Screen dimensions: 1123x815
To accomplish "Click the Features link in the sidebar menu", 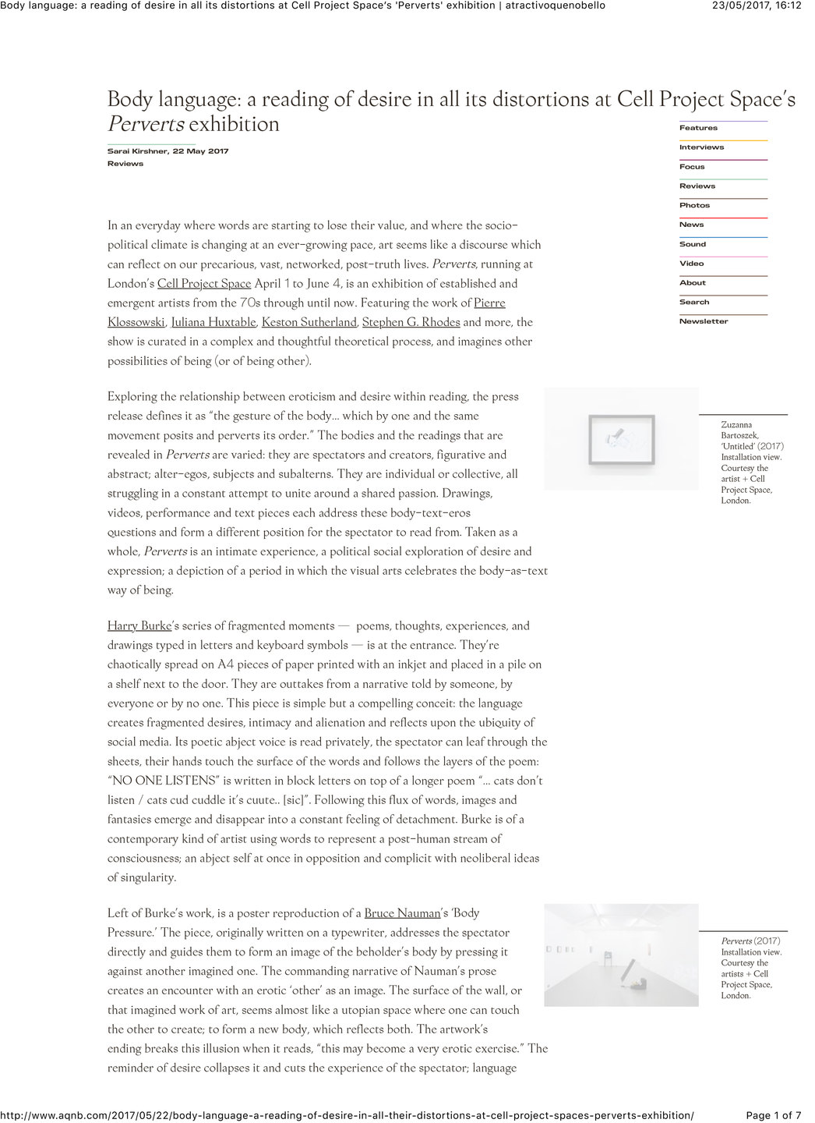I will pos(698,128).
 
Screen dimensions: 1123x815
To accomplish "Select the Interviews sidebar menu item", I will pos(701,147).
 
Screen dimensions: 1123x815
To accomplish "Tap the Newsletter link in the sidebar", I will pos(704,321).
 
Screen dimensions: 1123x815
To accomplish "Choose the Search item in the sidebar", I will pos(694,302).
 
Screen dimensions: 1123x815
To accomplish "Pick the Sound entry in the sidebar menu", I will pos(693,244).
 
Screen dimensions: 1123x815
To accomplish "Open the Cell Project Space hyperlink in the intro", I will pos(204,284).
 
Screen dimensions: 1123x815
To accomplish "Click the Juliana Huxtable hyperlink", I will pos(213,322).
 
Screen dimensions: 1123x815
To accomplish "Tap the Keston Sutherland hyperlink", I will pos(309,322).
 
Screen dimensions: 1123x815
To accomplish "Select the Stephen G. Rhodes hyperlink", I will pos(411,322).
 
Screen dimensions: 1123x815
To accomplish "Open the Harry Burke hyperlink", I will pos(139,625).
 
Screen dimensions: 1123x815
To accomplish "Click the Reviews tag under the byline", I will pos(125,164).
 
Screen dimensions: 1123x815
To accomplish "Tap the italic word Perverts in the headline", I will pos(146,124).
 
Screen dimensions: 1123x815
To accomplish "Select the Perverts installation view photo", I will pos(621,955).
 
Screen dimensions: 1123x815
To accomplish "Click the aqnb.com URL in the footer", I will pos(347,1115).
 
